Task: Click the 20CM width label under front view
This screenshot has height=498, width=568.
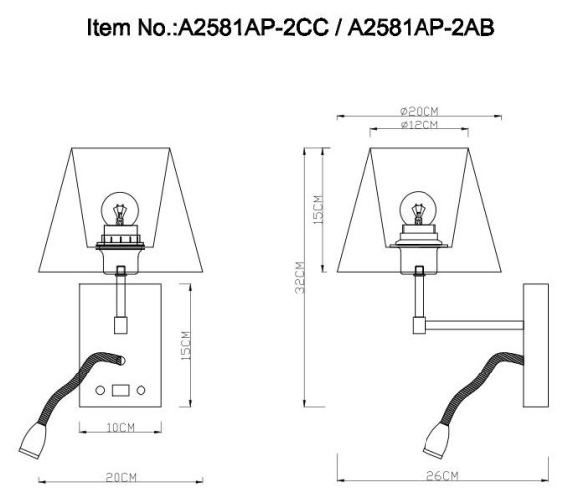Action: pos(121,478)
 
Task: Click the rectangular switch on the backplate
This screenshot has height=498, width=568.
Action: pos(122,389)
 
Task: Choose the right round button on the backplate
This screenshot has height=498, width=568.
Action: pos(141,389)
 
